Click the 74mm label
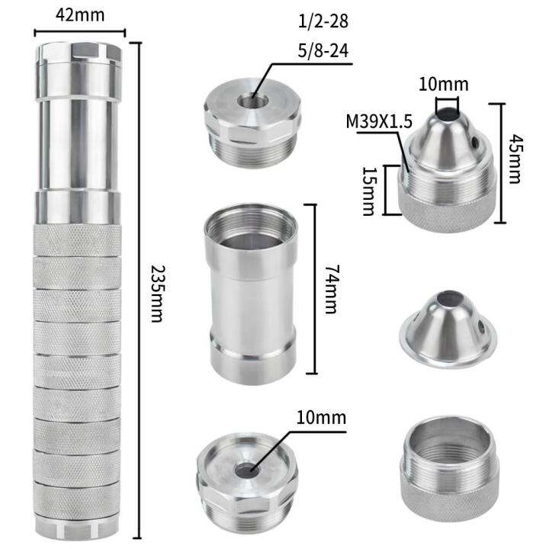[x=330, y=289]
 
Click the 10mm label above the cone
[x=448, y=84]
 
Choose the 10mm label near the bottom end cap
[x=320, y=418]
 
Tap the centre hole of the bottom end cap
[x=246, y=470]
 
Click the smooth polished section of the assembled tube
[x=79, y=145]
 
